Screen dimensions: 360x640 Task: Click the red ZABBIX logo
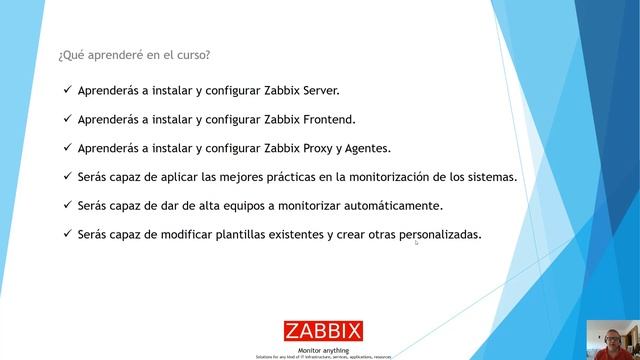(x=324, y=331)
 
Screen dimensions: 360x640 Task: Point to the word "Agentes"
(x=367, y=148)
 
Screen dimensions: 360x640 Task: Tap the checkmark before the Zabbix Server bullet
(x=66, y=90)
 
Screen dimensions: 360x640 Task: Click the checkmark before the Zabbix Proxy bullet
(x=66, y=148)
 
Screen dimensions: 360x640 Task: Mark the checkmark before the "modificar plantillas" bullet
(x=66, y=235)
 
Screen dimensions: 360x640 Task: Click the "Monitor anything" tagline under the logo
(x=324, y=349)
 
